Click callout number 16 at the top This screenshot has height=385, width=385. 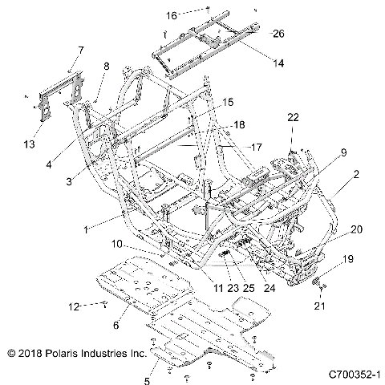click(172, 14)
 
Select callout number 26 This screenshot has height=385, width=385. click(278, 33)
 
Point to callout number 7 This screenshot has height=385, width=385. click(80, 51)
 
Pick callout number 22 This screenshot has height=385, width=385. click(294, 118)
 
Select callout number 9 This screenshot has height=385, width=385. click(320, 152)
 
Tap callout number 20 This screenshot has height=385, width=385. click(356, 229)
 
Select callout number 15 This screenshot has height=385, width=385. click(228, 103)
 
